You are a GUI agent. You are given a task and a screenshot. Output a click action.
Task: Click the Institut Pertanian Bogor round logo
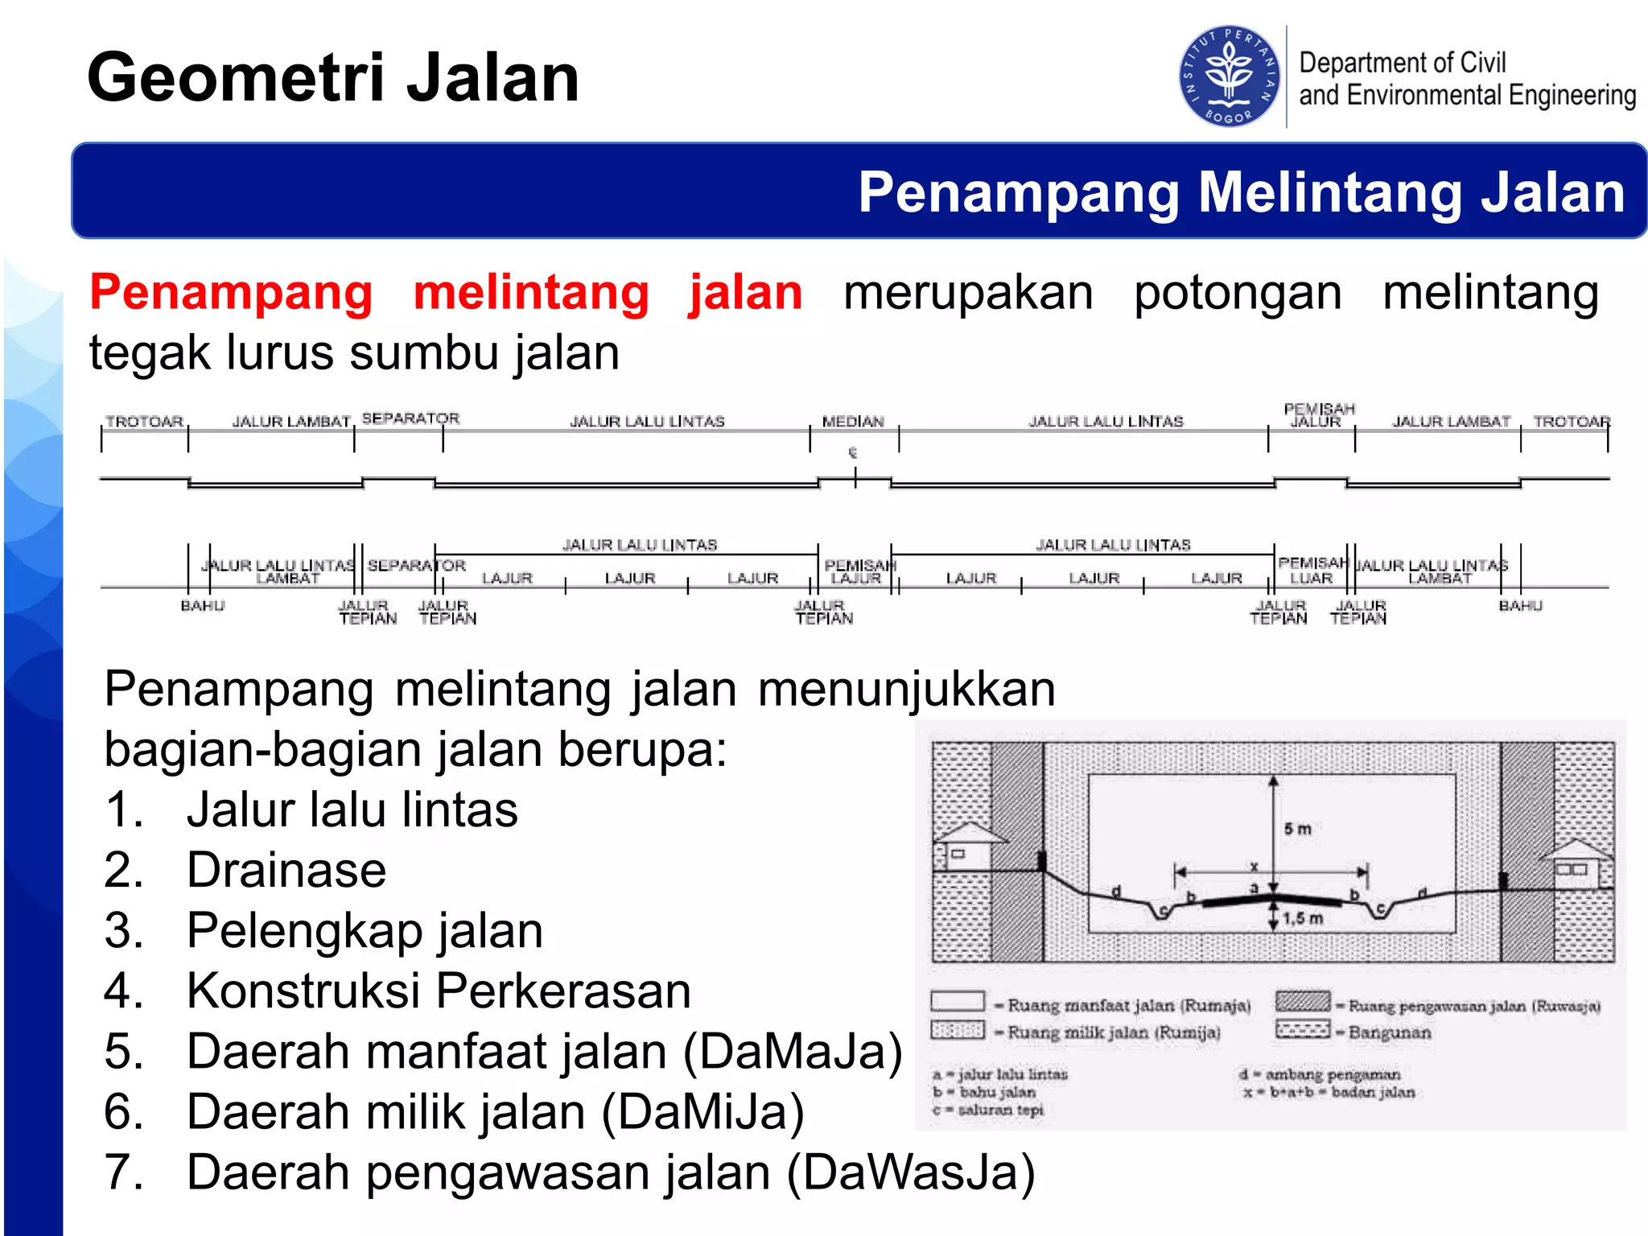click(1229, 76)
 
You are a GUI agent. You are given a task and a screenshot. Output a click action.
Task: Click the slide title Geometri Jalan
click(333, 77)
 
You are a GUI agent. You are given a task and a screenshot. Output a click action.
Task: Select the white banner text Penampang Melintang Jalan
click(1241, 192)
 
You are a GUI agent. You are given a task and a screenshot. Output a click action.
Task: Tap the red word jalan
click(745, 292)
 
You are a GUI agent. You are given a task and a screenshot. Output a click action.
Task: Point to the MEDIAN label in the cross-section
click(853, 421)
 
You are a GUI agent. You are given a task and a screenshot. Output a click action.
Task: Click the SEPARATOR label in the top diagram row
click(410, 418)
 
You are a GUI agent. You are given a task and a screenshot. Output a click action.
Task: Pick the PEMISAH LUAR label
click(1312, 570)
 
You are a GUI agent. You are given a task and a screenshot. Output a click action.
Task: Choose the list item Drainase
click(286, 870)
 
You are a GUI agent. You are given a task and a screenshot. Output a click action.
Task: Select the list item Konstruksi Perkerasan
click(439, 991)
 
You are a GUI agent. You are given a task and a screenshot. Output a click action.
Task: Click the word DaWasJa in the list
click(911, 1172)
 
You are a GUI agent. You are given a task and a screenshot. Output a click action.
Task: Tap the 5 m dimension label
click(1297, 829)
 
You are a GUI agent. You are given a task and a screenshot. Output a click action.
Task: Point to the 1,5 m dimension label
click(1303, 918)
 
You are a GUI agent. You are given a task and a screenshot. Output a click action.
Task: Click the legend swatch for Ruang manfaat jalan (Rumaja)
click(957, 1002)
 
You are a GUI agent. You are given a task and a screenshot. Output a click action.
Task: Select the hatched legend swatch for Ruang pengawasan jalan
click(1303, 1002)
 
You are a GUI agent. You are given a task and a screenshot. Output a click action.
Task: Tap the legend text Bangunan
click(1390, 1032)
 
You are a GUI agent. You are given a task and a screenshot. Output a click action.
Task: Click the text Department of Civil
click(1402, 62)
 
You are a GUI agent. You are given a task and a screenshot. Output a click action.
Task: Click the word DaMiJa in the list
click(702, 1112)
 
